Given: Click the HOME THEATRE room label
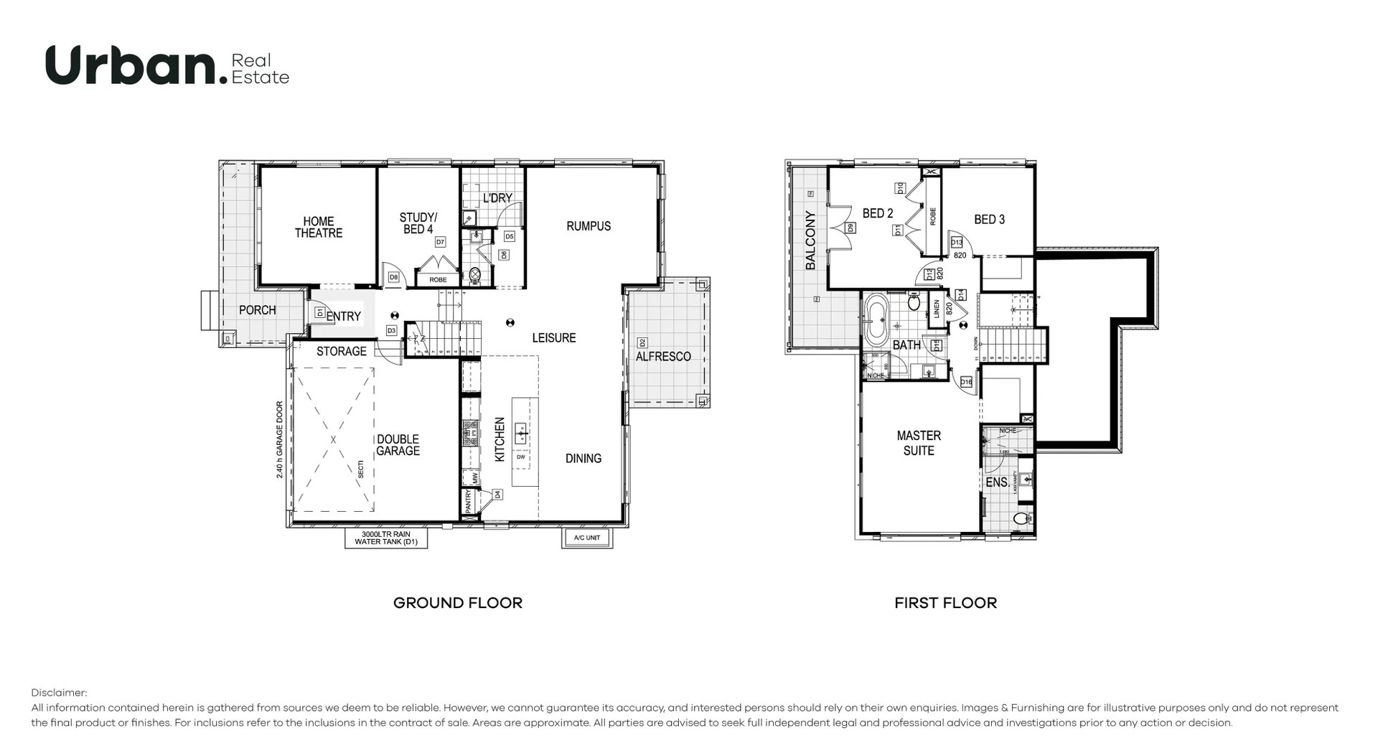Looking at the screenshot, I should pyautogui.click(x=318, y=227).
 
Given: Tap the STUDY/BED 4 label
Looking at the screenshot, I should pyautogui.click(x=418, y=223).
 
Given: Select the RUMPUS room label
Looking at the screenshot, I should pyautogui.click(x=589, y=226).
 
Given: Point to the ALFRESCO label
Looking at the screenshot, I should pyautogui.click(x=663, y=356).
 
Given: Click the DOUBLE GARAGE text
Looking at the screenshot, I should pyautogui.click(x=398, y=445).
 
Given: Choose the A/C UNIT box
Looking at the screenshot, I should pyautogui.click(x=586, y=538).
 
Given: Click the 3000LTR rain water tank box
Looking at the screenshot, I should pyautogui.click(x=386, y=538).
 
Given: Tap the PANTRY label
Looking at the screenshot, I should pyautogui.click(x=468, y=500).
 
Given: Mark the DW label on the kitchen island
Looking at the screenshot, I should pyautogui.click(x=520, y=457).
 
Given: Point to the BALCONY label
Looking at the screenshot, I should pyautogui.click(x=811, y=240).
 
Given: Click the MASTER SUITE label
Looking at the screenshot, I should pyautogui.click(x=919, y=443).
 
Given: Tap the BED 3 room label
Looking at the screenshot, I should pyautogui.click(x=989, y=220).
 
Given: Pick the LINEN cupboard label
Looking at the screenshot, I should pyautogui.click(x=937, y=309).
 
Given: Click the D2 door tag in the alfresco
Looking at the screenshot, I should pyautogui.click(x=642, y=342).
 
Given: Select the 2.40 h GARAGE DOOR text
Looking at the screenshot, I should pyautogui.click(x=280, y=439).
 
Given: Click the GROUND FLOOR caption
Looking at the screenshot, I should pyautogui.click(x=458, y=603).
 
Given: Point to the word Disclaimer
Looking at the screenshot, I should pyautogui.click(x=59, y=693).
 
